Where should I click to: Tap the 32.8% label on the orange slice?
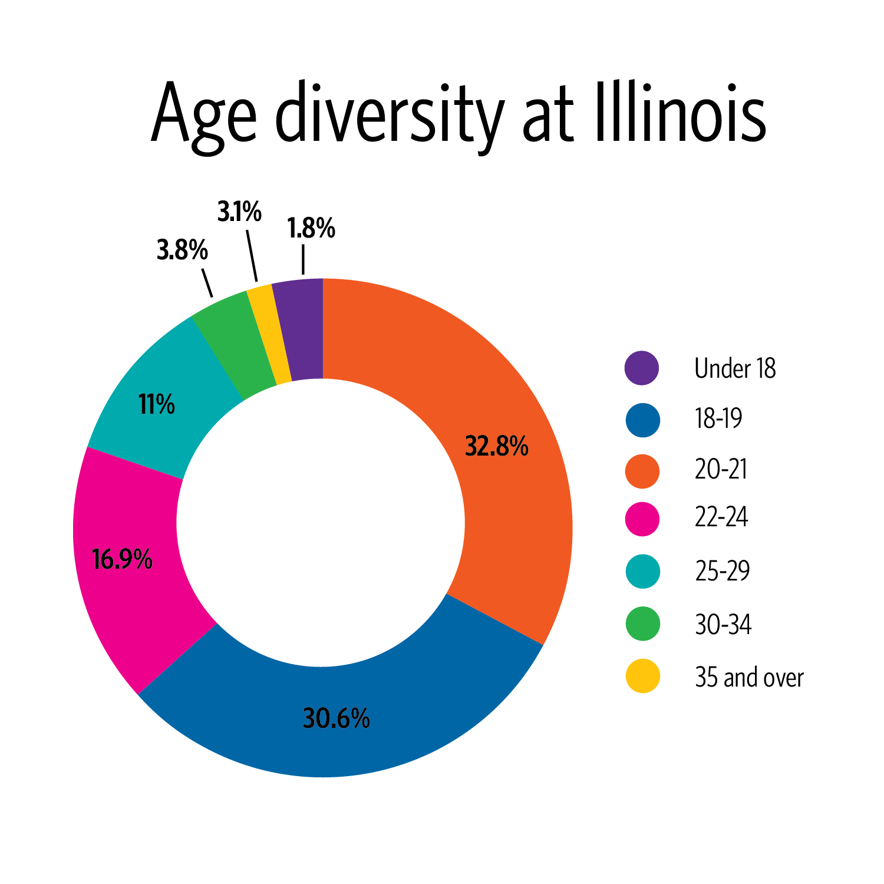coord(496,446)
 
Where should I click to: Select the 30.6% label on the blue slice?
coord(336,718)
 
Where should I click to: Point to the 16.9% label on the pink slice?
coord(122,559)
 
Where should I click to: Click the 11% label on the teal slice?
coord(157,405)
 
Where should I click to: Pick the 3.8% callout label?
coord(182,250)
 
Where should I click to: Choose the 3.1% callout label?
coord(239,212)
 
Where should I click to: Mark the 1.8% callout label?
coord(311,229)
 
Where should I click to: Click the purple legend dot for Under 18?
coord(642,368)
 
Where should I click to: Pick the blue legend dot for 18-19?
coord(642,420)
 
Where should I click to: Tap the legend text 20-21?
coord(721,470)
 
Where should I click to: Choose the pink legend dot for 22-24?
coord(642,519)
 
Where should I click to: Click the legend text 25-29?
coord(722,571)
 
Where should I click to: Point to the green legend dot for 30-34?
coord(642,624)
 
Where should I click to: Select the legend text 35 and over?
coord(749,677)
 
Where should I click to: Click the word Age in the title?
coord(203,115)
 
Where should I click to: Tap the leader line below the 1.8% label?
coord(303,260)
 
